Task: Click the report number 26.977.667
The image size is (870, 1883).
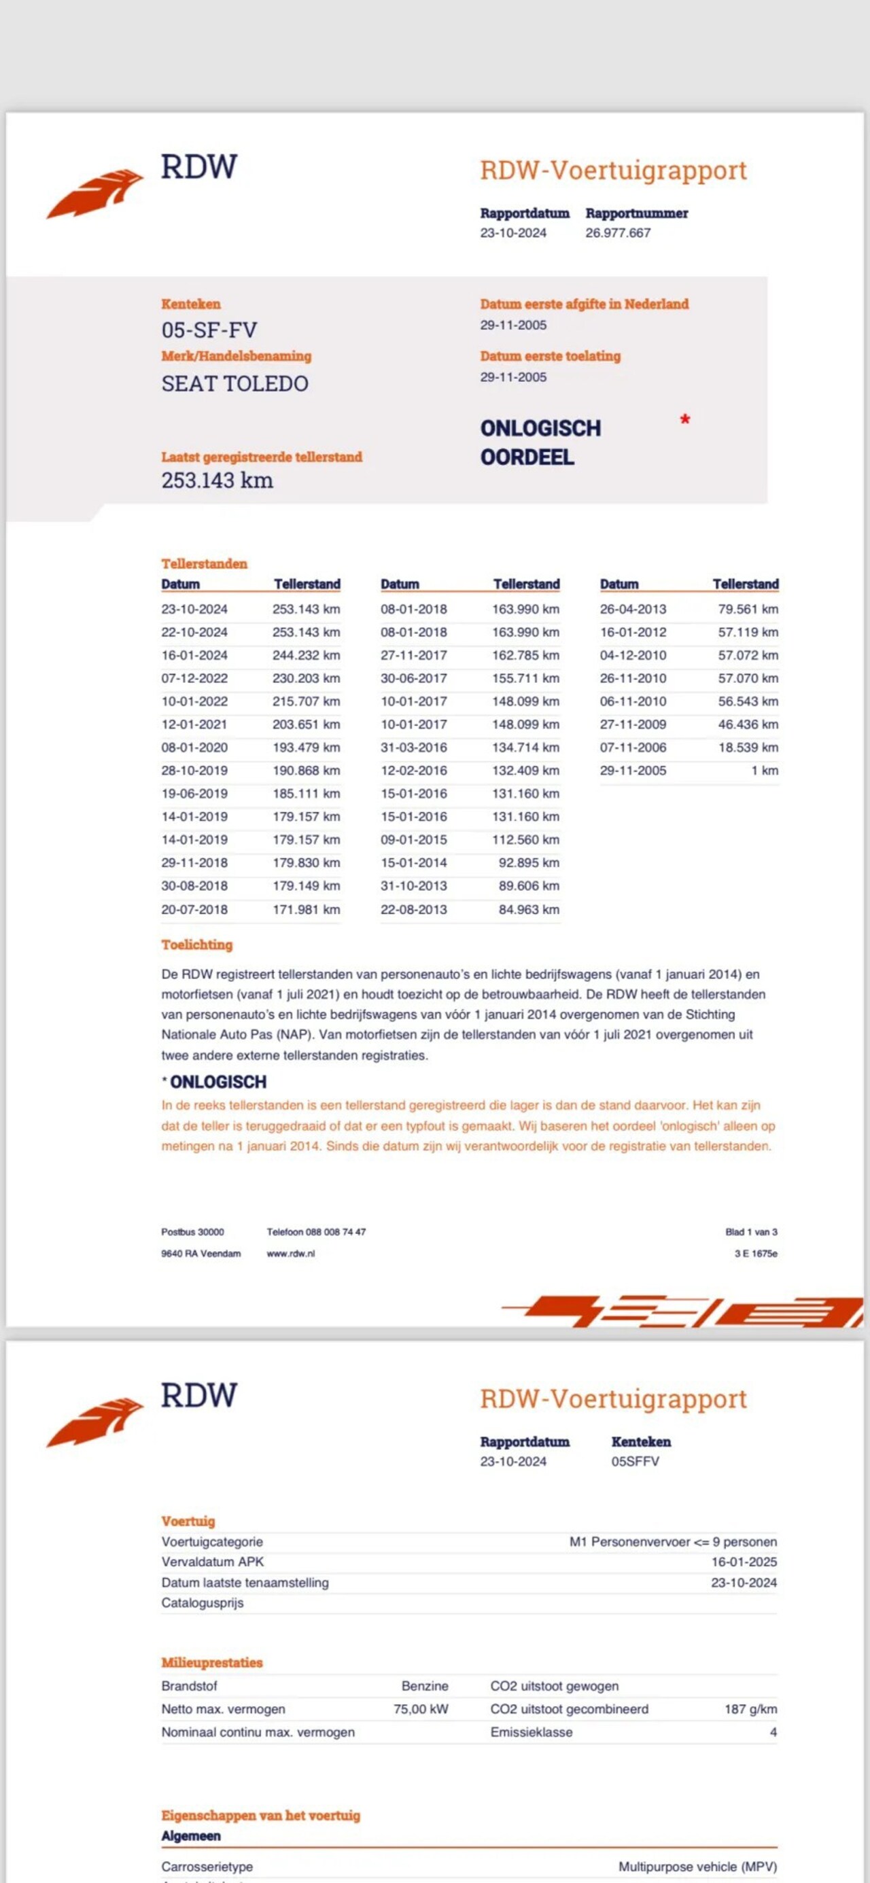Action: click(x=618, y=233)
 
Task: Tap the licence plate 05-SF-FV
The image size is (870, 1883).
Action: click(x=209, y=330)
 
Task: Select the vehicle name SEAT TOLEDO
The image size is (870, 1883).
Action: click(x=234, y=384)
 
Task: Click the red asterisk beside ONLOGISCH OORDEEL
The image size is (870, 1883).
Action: click(x=685, y=421)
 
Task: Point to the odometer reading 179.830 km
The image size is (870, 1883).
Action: click(x=307, y=862)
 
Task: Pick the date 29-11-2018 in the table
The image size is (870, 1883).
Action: click(x=194, y=862)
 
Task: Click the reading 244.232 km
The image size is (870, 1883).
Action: click(x=307, y=656)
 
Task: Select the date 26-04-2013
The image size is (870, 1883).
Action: click(x=633, y=609)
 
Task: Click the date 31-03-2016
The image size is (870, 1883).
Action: click(x=414, y=747)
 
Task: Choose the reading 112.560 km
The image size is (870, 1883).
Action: click(x=525, y=840)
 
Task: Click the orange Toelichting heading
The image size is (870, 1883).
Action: click(x=196, y=945)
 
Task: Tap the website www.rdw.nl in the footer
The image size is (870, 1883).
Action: click(x=291, y=1254)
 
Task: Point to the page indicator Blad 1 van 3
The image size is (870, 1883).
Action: click(x=751, y=1233)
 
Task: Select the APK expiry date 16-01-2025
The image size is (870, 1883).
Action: click(x=744, y=1562)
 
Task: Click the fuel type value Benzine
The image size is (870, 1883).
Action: click(x=425, y=1686)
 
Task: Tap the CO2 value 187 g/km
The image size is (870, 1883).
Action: click(x=751, y=1709)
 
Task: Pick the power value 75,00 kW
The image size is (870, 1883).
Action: click(x=421, y=1709)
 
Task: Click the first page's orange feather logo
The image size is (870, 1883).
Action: click(x=95, y=193)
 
